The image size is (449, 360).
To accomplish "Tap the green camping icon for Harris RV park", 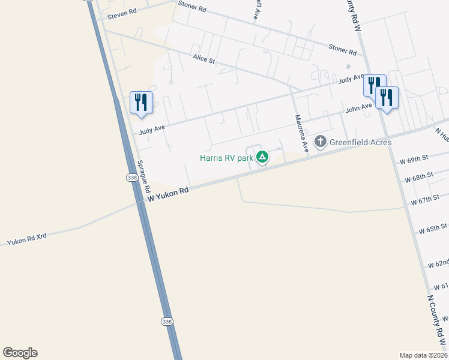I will click(x=262, y=157).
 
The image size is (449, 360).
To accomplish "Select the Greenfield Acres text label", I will click(x=360, y=142).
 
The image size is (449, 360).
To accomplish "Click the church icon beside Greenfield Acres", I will click(x=321, y=142).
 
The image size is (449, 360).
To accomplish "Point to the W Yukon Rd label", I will click(x=169, y=193).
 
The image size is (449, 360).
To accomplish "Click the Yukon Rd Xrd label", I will click(x=26, y=238).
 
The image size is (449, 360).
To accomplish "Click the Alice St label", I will click(x=203, y=59).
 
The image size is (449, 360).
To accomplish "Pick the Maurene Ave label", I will click(x=301, y=133).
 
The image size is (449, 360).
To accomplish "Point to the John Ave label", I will click(x=359, y=108).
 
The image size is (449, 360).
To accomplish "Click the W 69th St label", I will click(x=414, y=158).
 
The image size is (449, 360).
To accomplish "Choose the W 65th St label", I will click(x=433, y=228).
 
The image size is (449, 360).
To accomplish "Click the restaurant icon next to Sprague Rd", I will click(x=142, y=101).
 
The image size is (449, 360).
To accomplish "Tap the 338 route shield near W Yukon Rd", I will click(x=132, y=178).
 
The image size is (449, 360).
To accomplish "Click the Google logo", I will click(x=20, y=353).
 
